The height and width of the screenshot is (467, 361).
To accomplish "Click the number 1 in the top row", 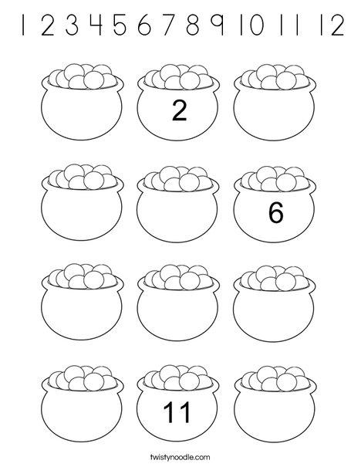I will [x=25, y=29].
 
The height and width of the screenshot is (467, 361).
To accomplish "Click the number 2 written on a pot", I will [x=179, y=113].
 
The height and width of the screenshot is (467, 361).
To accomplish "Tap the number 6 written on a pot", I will [x=278, y=212].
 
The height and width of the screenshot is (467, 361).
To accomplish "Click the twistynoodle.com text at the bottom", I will [x=180, y=457].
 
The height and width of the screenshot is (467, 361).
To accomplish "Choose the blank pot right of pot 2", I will [x=278, y=112].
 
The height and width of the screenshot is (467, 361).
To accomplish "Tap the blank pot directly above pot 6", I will [x=278, y=112].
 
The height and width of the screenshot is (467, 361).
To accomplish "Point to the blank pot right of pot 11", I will [x=278, y=410].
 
